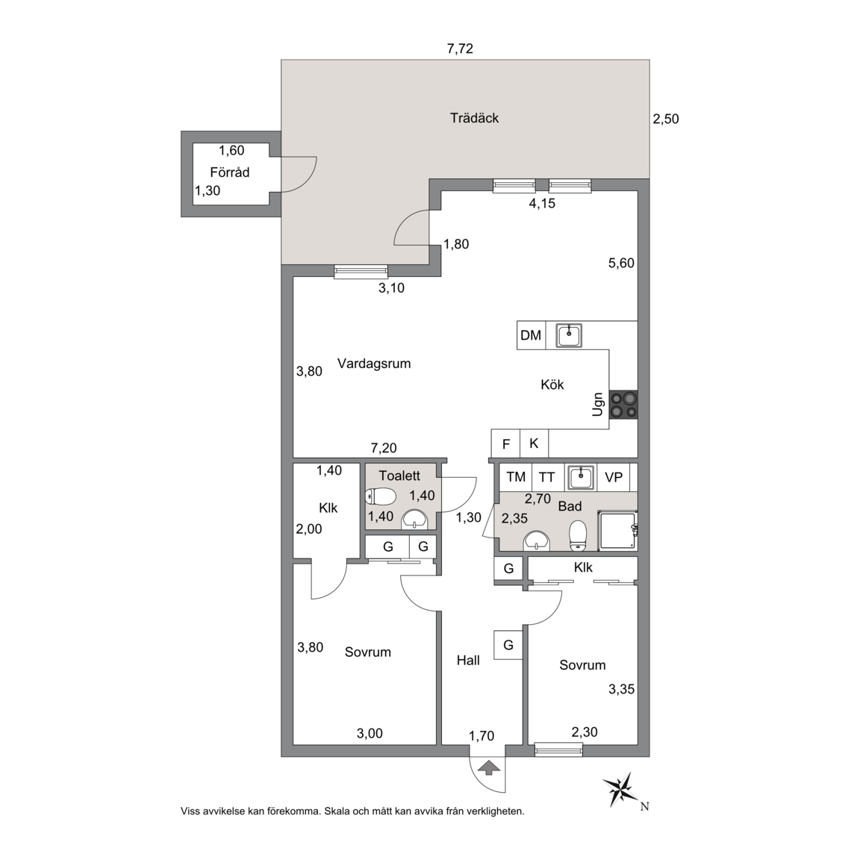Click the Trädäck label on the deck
coord(474,118)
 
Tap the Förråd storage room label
coord(230,172)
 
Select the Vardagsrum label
coord(374,364)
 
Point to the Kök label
coord(552,384)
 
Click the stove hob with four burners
coord(623,405)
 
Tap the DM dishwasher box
coord(531,335)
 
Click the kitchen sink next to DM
coord(569,335)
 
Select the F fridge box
coord(505,443)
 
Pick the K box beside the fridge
coord(535,443)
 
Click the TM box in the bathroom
coord(516,477)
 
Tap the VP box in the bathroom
coord(613,477)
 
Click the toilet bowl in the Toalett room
coord(381,496)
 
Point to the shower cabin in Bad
coord(617,530)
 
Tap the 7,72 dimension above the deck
coord(460,49)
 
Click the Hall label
coord(468,661)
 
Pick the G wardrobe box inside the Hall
coord(508,645)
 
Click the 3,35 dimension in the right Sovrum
coord(621,689)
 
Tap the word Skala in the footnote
coord(338,811)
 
